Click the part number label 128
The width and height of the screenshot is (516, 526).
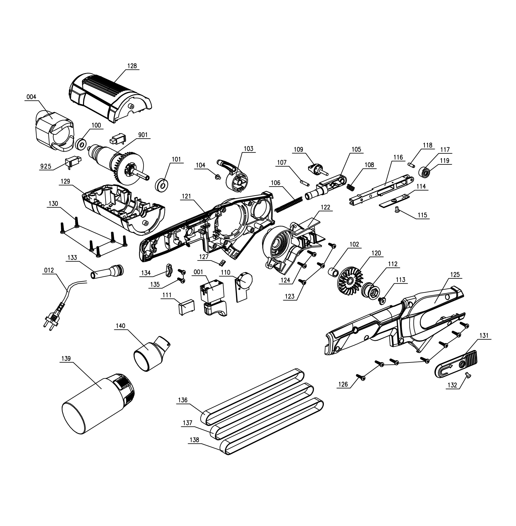pos(132,66)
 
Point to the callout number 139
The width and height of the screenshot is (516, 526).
pos(66,359)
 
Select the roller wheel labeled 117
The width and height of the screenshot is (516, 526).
pos(425,172)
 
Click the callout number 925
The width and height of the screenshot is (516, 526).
pos(46,166)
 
